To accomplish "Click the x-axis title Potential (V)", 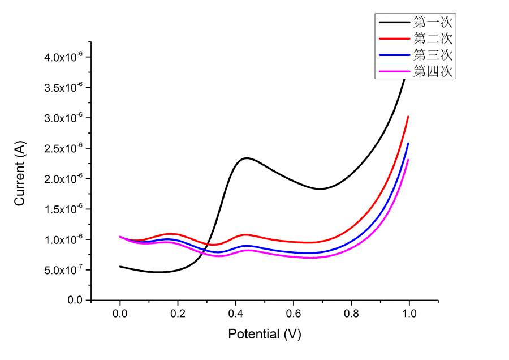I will pos(265,334).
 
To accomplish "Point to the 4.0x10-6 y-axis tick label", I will pos(64,57).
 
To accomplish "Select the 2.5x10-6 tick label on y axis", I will pos(64,148).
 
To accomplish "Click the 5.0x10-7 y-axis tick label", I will pos(64,270).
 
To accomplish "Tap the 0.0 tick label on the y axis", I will pos(75,300).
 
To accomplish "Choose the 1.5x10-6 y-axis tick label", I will pos(64,209).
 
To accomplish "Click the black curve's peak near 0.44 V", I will pos(247,158).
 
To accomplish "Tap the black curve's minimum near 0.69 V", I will pos(320,188).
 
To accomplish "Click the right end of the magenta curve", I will pos(408,160).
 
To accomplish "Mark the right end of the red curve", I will pos(408,117).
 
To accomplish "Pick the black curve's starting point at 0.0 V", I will pos(120,266).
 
